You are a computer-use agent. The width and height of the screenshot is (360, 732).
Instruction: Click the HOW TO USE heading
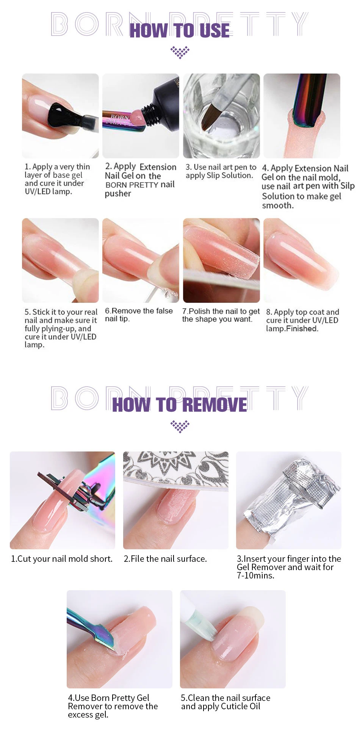coord(179,30)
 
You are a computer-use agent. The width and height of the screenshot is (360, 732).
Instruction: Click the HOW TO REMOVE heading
coord(179,405)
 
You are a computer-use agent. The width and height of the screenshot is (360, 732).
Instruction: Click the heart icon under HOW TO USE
coord(180,52)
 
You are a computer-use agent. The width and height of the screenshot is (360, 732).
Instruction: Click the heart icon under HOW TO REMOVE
coord(180,426)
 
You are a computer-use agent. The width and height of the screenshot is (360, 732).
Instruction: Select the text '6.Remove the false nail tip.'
coord(138,315)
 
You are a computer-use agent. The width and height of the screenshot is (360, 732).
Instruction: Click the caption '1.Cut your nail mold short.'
coord(61,559)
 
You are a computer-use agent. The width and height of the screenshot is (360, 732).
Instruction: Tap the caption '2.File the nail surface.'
coord(165,559)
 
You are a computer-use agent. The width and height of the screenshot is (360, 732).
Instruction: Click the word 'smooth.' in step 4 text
coord(278,205)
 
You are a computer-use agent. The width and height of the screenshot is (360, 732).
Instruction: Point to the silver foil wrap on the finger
coord(292,493)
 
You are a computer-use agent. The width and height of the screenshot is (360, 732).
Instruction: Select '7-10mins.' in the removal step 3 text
coord(255,575)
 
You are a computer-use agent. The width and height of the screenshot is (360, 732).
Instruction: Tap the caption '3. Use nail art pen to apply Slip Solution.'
coord(221,171)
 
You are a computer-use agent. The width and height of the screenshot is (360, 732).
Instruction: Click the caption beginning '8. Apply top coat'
coord(302,320)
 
